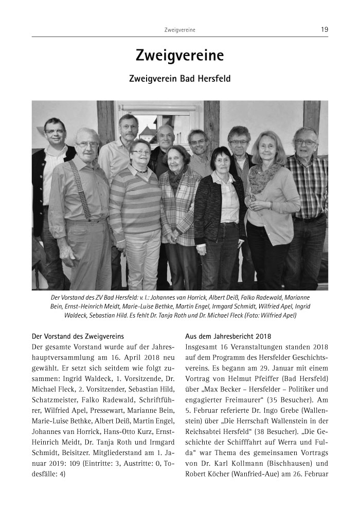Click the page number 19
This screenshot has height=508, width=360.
click(324, 30)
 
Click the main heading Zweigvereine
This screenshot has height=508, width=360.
click(179, 56)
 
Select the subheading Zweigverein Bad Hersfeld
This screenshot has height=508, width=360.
click(179, 80)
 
